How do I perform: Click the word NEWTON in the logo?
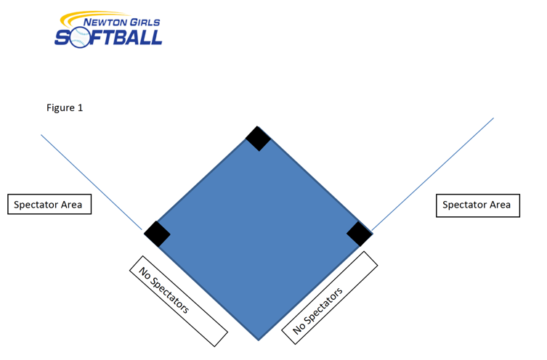point(106,22)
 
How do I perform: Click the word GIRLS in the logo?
point(144,22)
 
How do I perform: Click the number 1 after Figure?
point(81,107)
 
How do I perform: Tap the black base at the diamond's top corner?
point(258,138)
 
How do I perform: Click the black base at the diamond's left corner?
point(157,234)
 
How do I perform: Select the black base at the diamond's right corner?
point(359,234)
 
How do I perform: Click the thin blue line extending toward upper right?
point(436,170)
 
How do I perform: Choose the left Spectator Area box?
point(49,205)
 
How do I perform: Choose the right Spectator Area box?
point(477,205)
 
